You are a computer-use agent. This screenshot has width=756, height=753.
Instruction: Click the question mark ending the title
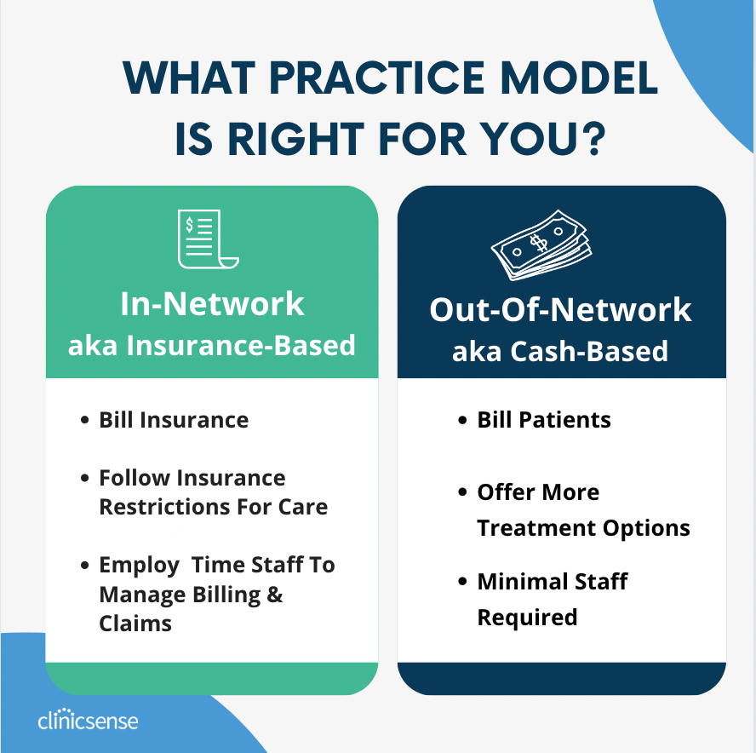(589, 138)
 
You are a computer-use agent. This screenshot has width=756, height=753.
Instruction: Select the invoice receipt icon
(207, 239)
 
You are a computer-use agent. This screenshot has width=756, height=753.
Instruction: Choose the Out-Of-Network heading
(560, 309)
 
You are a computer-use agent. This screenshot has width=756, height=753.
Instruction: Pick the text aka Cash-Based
(560, 351)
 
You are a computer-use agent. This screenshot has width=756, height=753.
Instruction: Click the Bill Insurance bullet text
(174, 420)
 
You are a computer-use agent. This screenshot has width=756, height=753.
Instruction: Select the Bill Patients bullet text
(544, 420)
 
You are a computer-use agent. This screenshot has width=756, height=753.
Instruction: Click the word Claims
(135, 624)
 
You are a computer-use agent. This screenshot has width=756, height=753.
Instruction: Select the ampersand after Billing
(274, 595)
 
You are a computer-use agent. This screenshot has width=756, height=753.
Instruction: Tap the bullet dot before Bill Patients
(462, 420)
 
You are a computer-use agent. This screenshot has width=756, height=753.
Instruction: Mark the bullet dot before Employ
(84, 566)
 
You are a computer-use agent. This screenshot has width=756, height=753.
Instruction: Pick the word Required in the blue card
(527, 617)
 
